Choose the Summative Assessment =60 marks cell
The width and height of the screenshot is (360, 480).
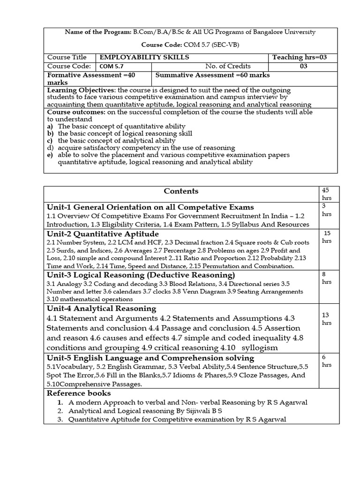(212, 75)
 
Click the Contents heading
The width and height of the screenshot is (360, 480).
(180, 191)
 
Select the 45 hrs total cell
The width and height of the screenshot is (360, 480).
(326, 194)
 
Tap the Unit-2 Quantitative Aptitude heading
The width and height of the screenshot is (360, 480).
(103, 233)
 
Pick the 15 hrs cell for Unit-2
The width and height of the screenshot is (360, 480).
(327, 237)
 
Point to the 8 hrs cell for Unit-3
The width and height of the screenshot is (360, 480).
(326, 279)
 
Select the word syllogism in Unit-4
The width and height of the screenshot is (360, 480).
(259, 347)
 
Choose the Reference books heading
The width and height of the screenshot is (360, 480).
(79, 393)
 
